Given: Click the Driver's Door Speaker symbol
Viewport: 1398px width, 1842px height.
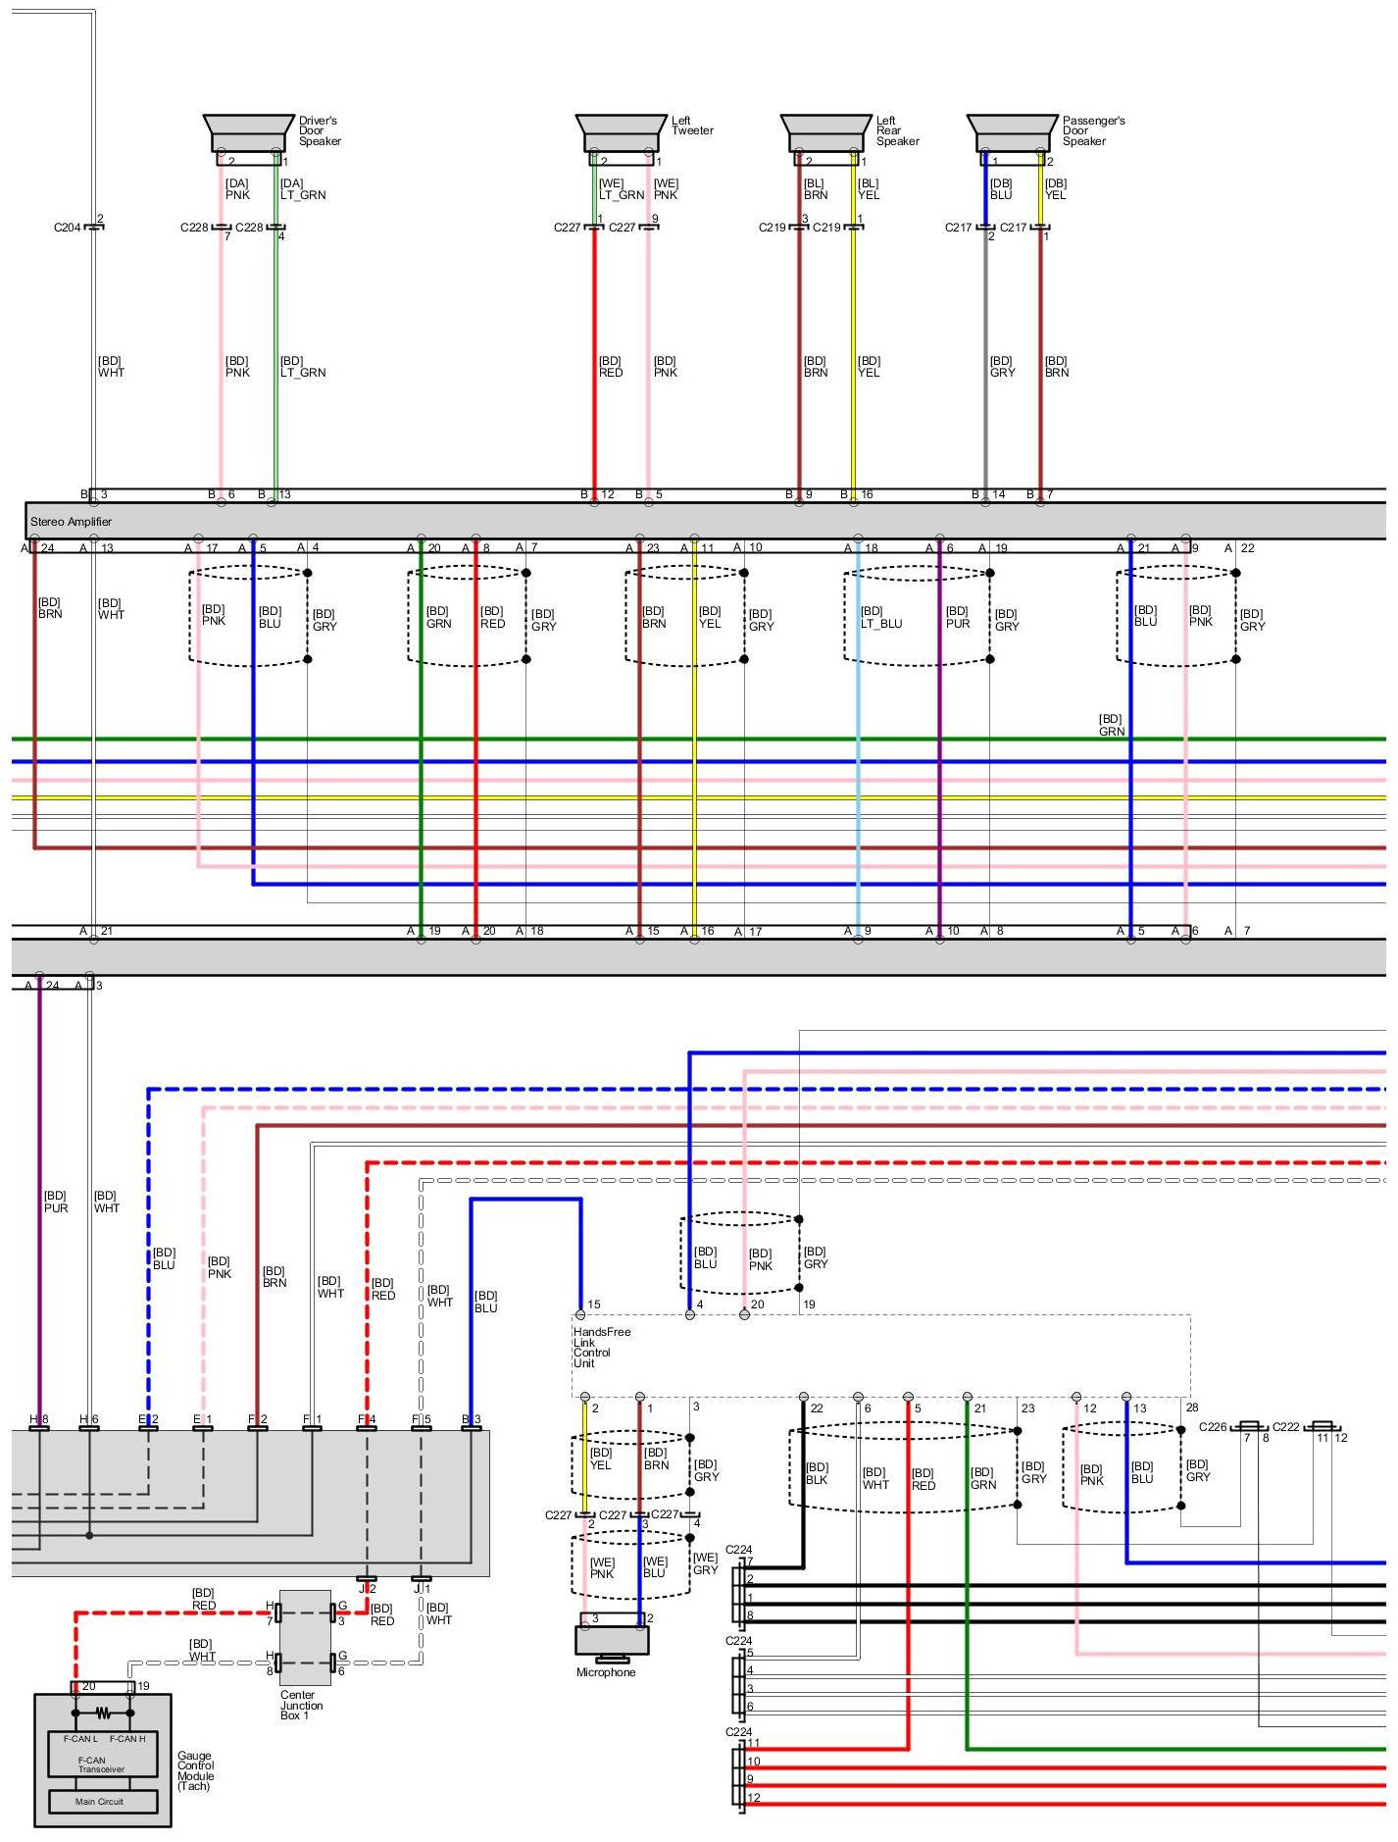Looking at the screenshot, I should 248,133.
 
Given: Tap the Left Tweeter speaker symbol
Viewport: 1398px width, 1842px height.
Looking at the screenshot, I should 621,133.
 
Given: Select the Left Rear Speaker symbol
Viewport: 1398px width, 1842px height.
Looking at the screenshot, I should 826,133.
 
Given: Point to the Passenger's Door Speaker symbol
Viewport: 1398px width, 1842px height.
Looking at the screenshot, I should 1013,133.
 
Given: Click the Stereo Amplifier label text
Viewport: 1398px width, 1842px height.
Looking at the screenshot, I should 71,522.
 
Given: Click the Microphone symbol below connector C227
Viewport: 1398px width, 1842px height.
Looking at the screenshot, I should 612,1640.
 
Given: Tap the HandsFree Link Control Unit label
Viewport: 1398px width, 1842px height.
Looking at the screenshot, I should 601,1348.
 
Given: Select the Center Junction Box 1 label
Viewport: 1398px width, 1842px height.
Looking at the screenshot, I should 301,1705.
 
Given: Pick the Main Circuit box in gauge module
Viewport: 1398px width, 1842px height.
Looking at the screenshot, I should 103,1802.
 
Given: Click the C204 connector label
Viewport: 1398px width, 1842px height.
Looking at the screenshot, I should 67,228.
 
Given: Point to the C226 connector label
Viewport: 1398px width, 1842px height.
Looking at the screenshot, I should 1212,1427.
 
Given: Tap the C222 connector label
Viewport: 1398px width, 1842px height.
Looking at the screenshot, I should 1285,1427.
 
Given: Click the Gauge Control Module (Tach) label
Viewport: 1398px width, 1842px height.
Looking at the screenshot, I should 196,1771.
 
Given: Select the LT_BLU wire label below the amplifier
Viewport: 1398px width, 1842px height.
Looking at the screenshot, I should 880,617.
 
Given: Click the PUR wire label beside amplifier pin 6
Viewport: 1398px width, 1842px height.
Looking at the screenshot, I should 957,617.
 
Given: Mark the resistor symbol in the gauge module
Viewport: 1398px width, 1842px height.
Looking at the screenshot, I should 103,1714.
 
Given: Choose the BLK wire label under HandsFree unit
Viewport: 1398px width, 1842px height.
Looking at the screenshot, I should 817,1474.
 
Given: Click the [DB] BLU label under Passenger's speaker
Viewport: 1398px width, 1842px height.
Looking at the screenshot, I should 1000,189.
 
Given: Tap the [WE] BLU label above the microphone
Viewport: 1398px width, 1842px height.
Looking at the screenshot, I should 654,1567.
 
